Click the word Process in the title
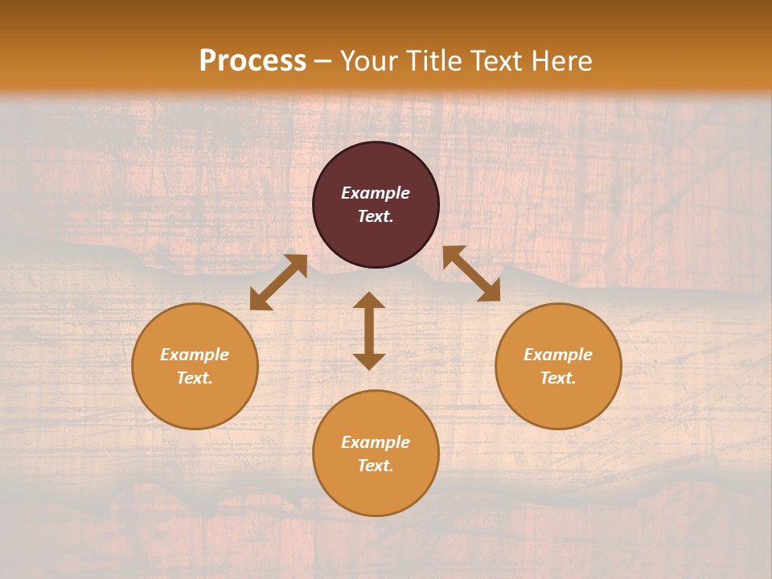click(253, 61)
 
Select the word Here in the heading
click(562, 61)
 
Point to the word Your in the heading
click(369, 61)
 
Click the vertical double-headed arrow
click(369, 331)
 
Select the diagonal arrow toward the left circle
click(278, 282)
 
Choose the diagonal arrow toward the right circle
click(471, 273)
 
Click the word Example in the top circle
click(376, 193)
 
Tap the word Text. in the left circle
click(195, 378)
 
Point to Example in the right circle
click(558, 355)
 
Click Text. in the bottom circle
click(376, 466)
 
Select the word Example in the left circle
click(195, 355)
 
